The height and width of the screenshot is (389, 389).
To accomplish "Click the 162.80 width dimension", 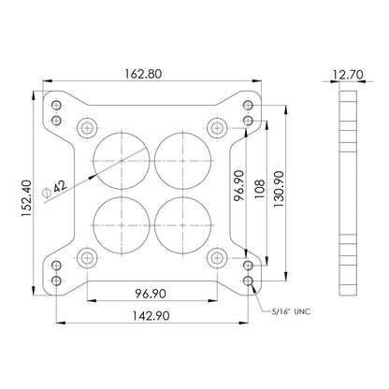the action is coord(143,74).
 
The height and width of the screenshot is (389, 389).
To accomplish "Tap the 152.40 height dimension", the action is coord(26,198).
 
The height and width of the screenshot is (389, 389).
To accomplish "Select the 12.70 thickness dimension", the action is coord(348,75).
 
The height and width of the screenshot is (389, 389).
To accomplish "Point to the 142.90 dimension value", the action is coord(151,316).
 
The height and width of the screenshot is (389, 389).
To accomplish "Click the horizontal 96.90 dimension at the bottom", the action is coord(151,294).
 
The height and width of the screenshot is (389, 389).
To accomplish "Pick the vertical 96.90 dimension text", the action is coord(239,185).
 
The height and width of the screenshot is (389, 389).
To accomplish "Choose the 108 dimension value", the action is coord(260,190).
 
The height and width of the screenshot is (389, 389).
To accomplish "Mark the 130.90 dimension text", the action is coord(279,189).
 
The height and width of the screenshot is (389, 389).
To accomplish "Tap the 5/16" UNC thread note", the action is coord(291,311).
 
